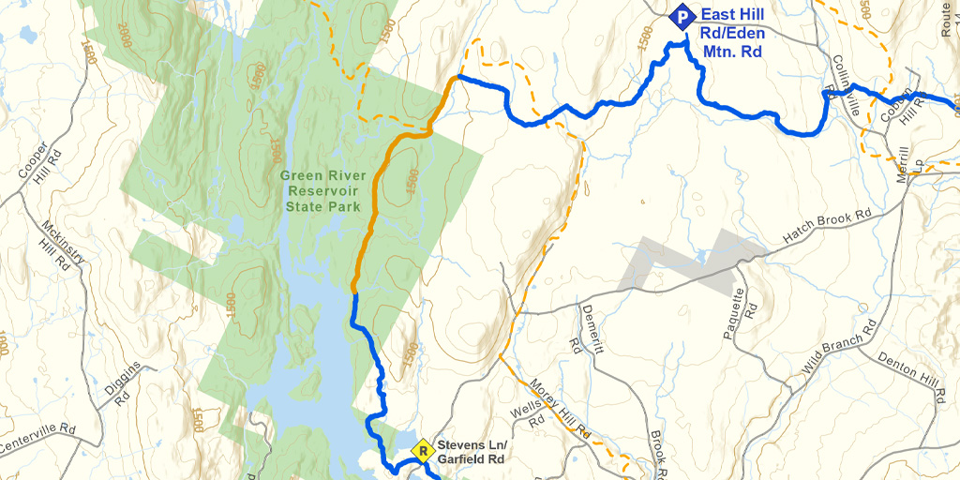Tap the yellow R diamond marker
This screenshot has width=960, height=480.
[423, 451]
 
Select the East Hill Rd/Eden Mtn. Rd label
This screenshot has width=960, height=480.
[731, 34]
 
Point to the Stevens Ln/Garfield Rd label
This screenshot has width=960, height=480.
[472, 452]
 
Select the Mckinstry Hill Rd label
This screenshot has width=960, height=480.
[59, 247]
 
